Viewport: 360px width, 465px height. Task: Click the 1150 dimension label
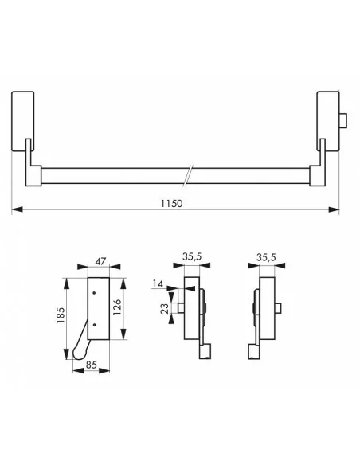point(171,204)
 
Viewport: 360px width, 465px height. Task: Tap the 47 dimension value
point(100,261)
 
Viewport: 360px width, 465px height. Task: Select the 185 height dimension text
point(61,315)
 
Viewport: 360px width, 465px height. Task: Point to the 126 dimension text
point(117,307)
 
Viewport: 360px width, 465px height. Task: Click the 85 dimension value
point(91,365)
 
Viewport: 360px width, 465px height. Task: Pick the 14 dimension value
point(158,283)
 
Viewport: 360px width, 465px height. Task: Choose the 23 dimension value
point(164,308)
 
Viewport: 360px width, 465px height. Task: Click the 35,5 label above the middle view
point(192,256)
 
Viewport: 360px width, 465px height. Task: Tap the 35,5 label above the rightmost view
point(266,257)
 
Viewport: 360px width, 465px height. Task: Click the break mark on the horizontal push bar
point(188,175)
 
